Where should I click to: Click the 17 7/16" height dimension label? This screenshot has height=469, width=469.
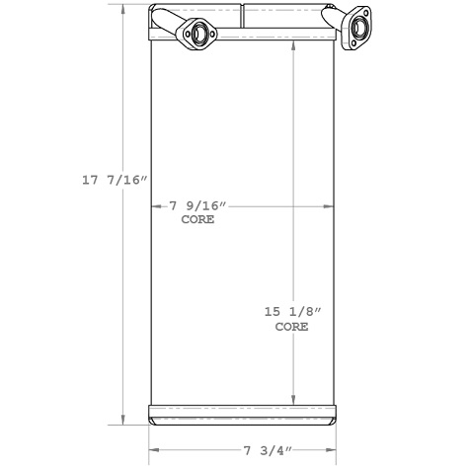pyautogui.click(x=114, y=180)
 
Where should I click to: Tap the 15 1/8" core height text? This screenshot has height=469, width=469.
pyautogui.click(x=292, y=311)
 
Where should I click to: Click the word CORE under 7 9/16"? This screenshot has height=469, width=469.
pyautogui.click(x=197, y=220)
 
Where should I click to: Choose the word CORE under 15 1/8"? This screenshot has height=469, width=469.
pyautogui.click(x=292, y=326)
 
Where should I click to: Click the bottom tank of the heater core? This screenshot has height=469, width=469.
pyautogui.click(x=241, y=414)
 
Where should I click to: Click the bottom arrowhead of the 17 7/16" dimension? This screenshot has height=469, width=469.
pyautogui.click(x=123, y=419)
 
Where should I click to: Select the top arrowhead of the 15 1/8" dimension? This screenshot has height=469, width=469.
pyautogui.click(x=292, y=49)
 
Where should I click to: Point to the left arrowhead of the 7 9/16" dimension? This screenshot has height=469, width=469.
pyautogui.click(x=153, y=206)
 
